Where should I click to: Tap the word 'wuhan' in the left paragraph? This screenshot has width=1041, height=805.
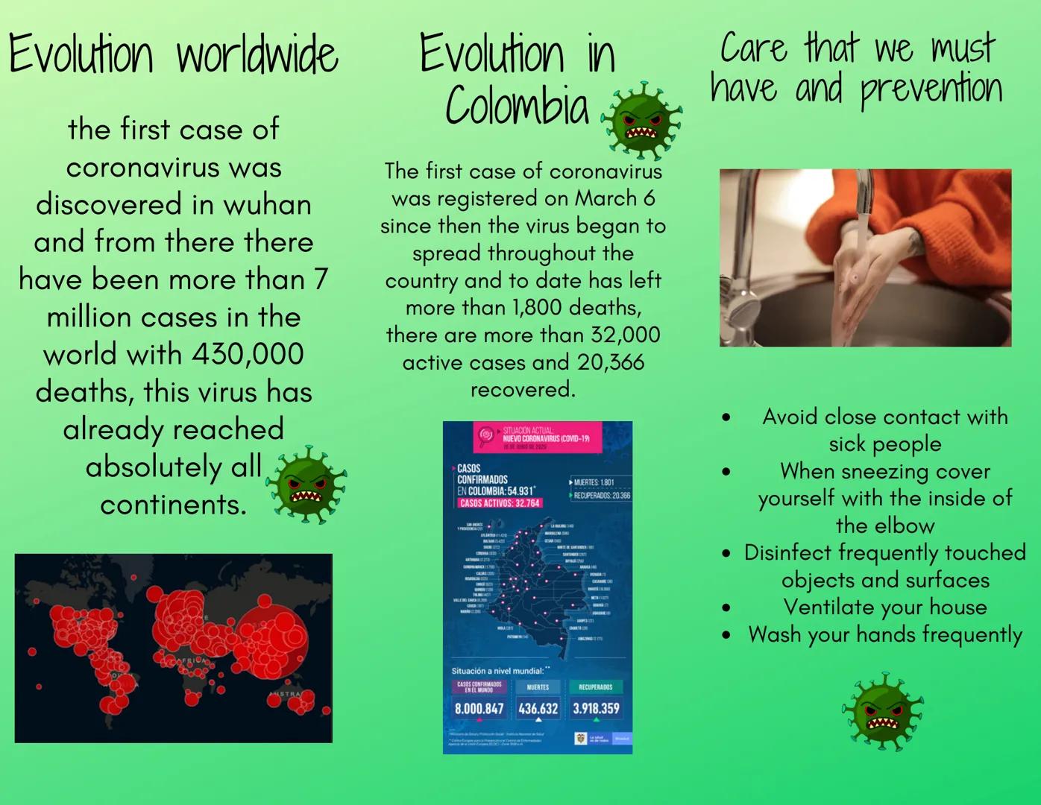pyautogui.click(x=267, y=205)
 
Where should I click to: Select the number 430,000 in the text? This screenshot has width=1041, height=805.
pyautogui.click(x=248, y=354)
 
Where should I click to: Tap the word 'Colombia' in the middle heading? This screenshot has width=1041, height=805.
pyautogui.click(x=517, y=106)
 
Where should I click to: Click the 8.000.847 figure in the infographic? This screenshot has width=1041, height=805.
pyautogui.click(x=479, y=708)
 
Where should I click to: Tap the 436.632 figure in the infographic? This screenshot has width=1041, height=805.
pyautogui.click(x=538, y=708)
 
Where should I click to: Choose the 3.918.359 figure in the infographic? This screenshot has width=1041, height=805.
pyautogui.click(x=596, y=708)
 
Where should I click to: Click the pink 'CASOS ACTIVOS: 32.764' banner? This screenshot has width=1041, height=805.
pyautogui.click(x=500, y=503)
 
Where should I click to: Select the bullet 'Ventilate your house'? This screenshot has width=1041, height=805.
pyautogui.click(x=884, y=607)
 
